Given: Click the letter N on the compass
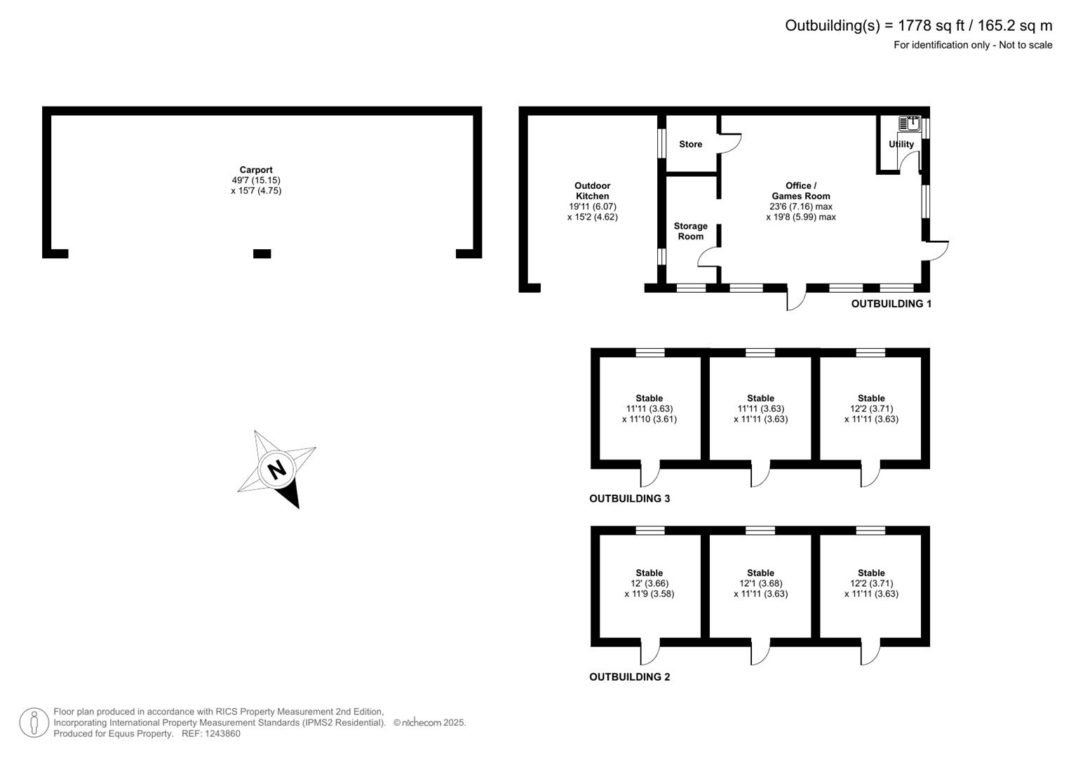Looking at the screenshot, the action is point(277,470).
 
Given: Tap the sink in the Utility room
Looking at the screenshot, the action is point(909,124).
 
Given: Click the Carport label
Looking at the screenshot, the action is point(256,170).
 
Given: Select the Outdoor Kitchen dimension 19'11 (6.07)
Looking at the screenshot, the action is point(593,207).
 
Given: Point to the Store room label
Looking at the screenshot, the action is point(690,144).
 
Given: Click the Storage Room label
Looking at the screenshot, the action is point(690,231).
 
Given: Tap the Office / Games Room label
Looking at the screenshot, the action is point(801,191).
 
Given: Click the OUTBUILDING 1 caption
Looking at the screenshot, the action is point(891,304).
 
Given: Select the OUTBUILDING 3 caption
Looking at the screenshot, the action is point(629,498).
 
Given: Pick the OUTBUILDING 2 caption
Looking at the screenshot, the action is point(629,677).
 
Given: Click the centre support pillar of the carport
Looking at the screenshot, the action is point(262,253).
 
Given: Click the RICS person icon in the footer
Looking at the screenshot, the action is point(34,723).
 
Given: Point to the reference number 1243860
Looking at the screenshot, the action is point(222,733).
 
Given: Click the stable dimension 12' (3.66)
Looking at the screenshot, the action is point(649,583).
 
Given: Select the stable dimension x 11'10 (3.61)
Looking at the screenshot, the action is point(649,419).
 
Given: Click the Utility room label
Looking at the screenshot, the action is point(901,144).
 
